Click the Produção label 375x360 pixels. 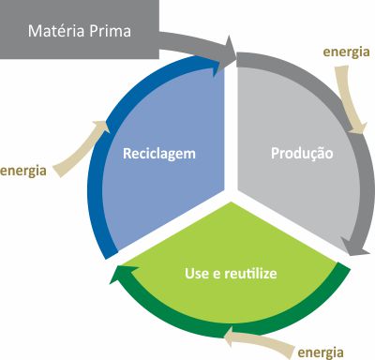[301, 152]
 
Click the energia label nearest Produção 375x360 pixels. [345, 52]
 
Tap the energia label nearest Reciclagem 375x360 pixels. [25, 171]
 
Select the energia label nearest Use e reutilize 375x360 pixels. [321, 352]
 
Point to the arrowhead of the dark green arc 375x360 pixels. [117, 275]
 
